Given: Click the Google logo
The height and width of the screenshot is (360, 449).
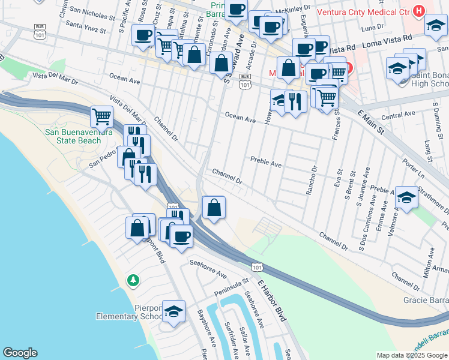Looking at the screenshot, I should click(x=20, y=353).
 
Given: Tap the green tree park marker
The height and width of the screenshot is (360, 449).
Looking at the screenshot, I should click(x=133, y=280).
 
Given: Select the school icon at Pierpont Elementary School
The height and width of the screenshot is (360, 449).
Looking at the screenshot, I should click(x=173, y=311).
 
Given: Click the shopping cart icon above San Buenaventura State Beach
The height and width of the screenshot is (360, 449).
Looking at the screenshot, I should click(x=101, y=115).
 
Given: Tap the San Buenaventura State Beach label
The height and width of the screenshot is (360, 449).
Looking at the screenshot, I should click(x=78, y=136).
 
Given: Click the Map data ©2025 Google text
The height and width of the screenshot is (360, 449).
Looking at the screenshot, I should click(x=412, y=355).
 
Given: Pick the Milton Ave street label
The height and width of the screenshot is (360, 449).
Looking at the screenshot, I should click(x=428, y=266).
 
